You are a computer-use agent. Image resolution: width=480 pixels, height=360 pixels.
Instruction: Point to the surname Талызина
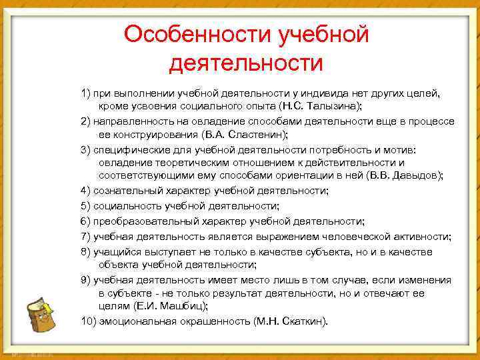pyautogui.click(x=337, y=106)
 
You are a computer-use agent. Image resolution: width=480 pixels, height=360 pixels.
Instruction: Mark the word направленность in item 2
pyautogui.click(x=130, y=121)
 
